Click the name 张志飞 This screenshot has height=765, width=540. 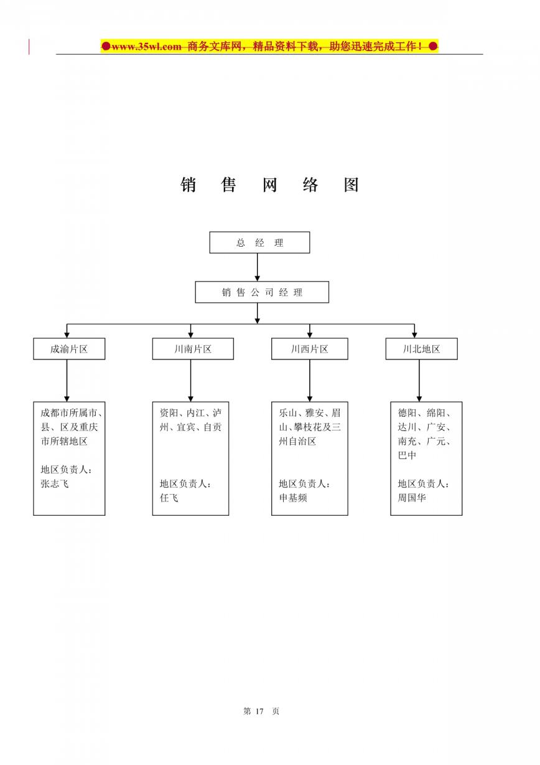[55, 483]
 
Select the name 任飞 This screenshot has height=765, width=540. [169, 498]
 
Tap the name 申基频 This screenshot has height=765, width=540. [293, 498]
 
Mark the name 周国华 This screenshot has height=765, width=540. [412, 498]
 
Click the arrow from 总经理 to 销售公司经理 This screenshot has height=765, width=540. [257, 267]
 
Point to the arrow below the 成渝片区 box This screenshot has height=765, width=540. [67, 381]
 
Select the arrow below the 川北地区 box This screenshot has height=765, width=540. [419, 381]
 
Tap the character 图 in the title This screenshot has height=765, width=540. [351, 185]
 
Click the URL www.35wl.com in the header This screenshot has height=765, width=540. [146, 46]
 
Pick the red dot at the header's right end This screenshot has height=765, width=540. [433, 45]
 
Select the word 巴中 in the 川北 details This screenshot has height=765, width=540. [407, 455]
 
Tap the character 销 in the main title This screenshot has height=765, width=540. [188, 185]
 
